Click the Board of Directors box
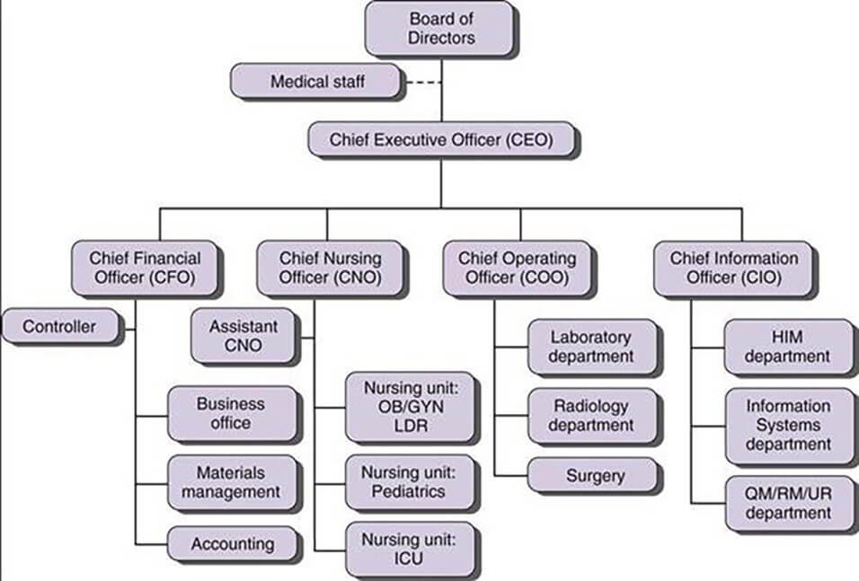click(440, 29)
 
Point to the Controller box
click(59, 327)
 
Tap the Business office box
click(231, 413)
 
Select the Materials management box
click(231, 482)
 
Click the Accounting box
click(232, 544)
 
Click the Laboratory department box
click(591, 347)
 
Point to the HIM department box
click(787, 347)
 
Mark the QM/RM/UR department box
click(787, 503)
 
